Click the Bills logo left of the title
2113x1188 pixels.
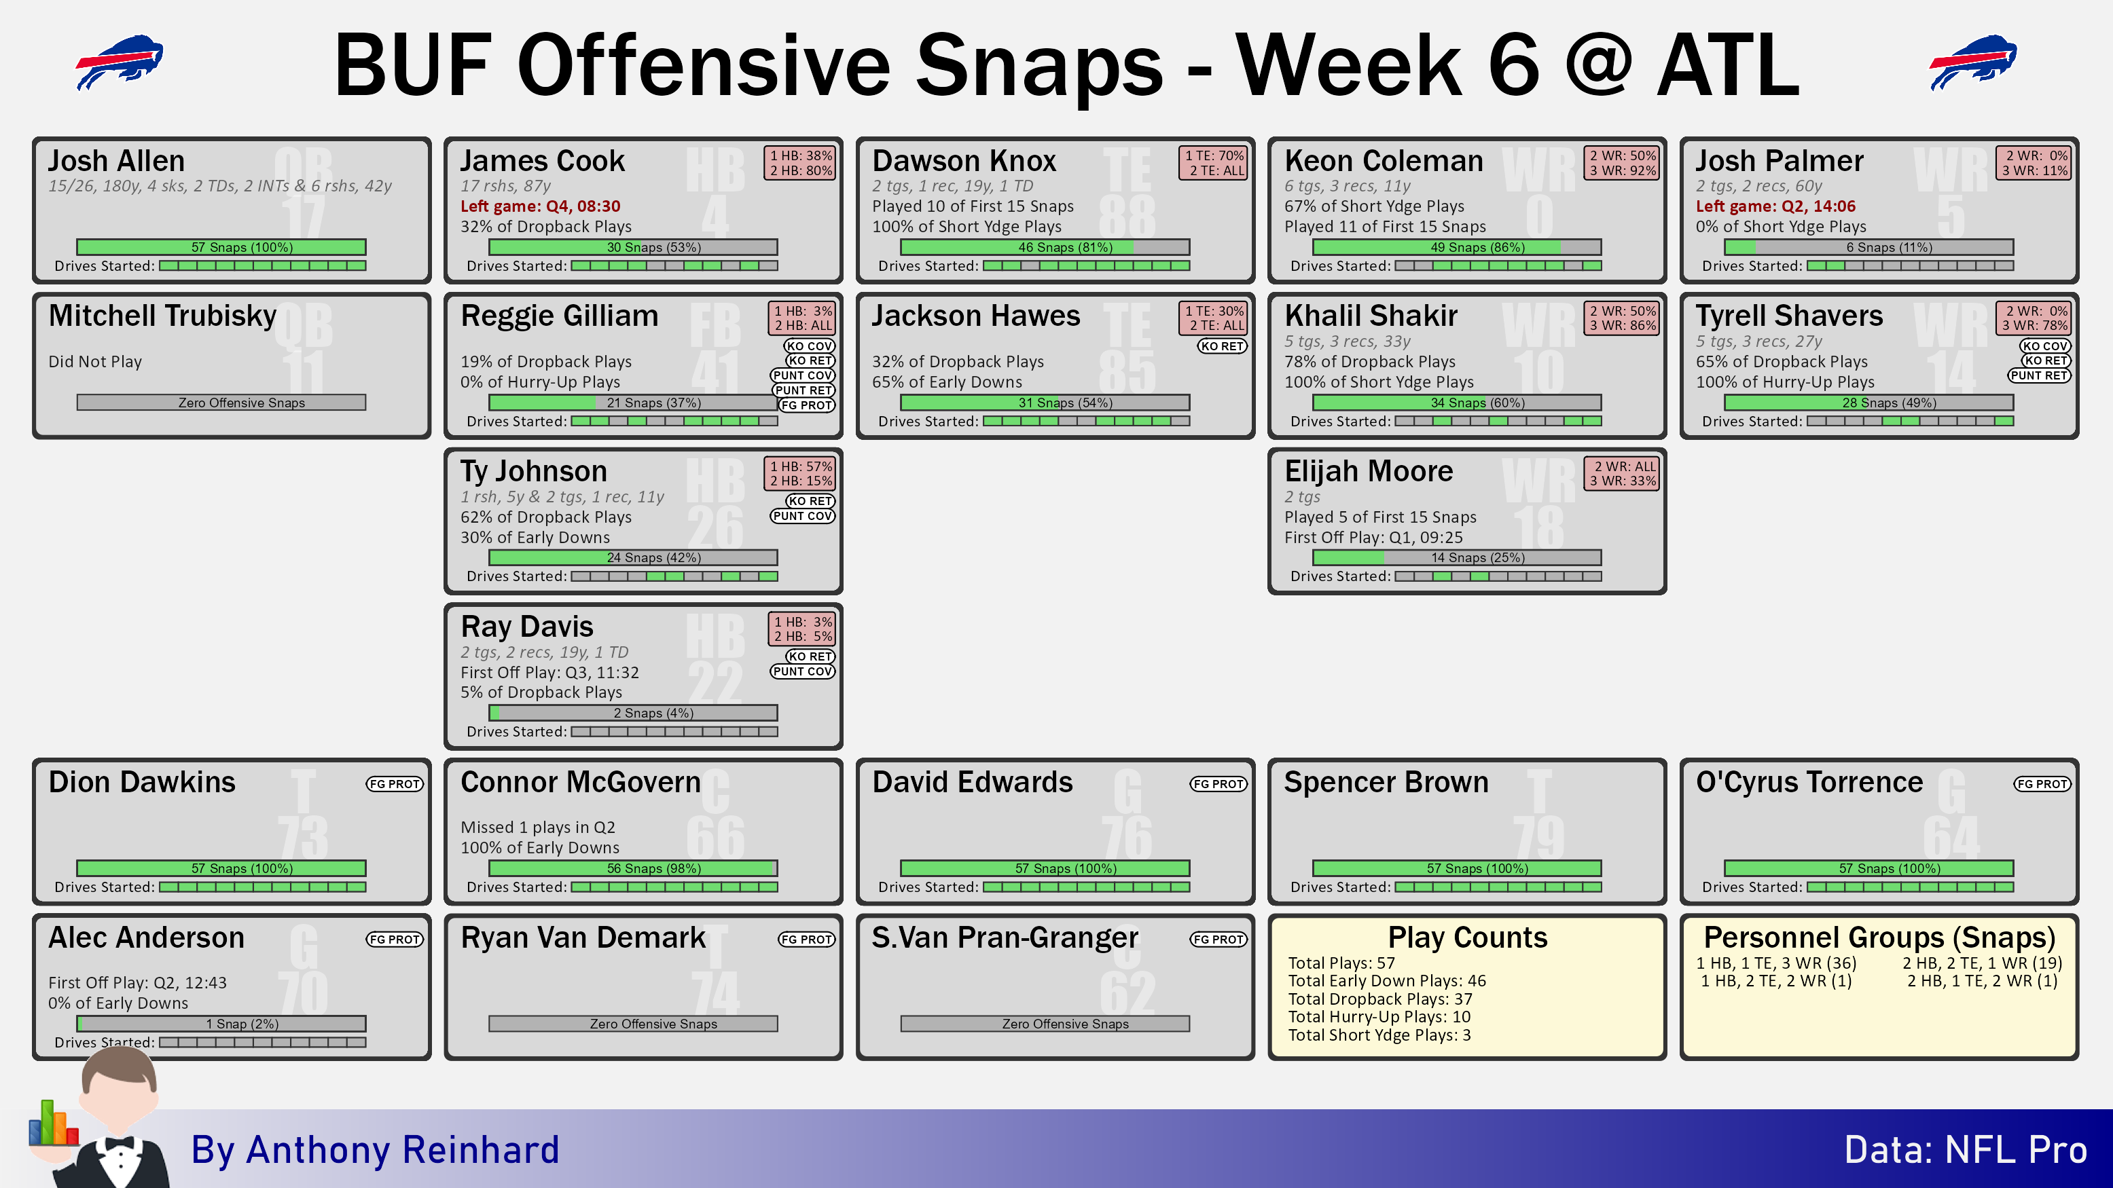click(x=120, y=62)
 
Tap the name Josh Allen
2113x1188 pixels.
click(x=116, y=161)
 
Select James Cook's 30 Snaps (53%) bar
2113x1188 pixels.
click(x=632, y=247)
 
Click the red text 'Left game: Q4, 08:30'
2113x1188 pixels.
click(x=540, y=206)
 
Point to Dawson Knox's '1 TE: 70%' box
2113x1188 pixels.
click(x=1214, y=155)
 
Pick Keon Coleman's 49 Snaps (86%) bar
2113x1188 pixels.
click(x=1457, y=247)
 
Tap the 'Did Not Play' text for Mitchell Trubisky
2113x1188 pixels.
click(x=95, y=362)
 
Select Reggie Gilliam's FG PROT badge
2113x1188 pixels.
click(x=806, y=405)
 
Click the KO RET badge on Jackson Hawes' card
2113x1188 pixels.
click(x=1222, y=346)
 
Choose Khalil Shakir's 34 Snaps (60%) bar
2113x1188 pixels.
click(x=1457, y=403)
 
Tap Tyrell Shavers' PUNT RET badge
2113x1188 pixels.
click(x=2039, y=375)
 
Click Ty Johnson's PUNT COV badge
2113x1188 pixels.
click(x=802, y=516)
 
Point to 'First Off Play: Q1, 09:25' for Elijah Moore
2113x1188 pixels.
click(x=1373, y=538)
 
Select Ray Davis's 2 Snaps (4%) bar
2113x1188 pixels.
click(x=632, y=713)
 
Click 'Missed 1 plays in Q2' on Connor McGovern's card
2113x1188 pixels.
click(x=537, y=828)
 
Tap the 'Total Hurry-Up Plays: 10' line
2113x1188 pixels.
click(x=1379, y=1017)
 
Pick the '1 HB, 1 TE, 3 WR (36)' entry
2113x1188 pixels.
click(x=1776, y=963)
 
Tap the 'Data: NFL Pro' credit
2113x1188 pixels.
click(x=1966, y=1149)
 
